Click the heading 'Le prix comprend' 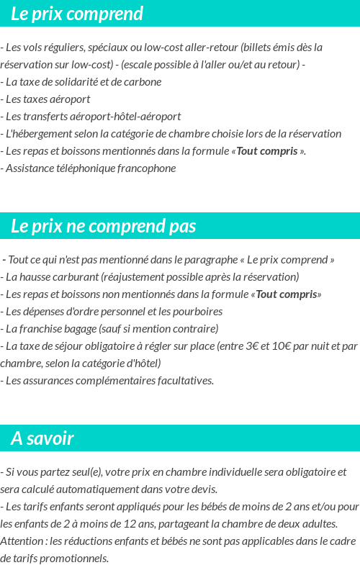77,14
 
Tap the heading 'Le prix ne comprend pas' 103,226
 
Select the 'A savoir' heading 42,438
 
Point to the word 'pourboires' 195,312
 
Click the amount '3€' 253,346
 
